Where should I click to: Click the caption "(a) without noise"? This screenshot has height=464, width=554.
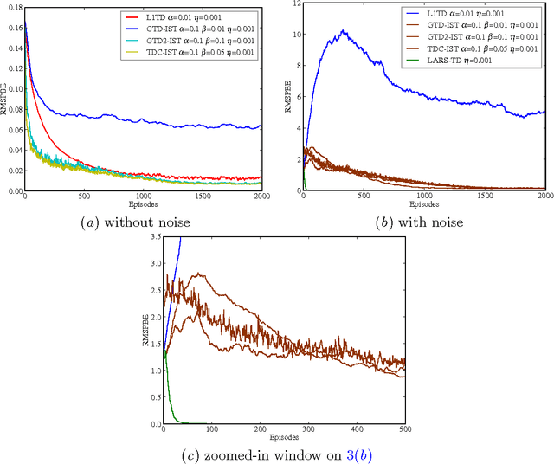tap(143, 222)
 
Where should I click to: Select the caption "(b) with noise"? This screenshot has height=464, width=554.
tap(421, 222)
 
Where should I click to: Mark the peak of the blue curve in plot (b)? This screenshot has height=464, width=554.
tap(344, 30)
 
